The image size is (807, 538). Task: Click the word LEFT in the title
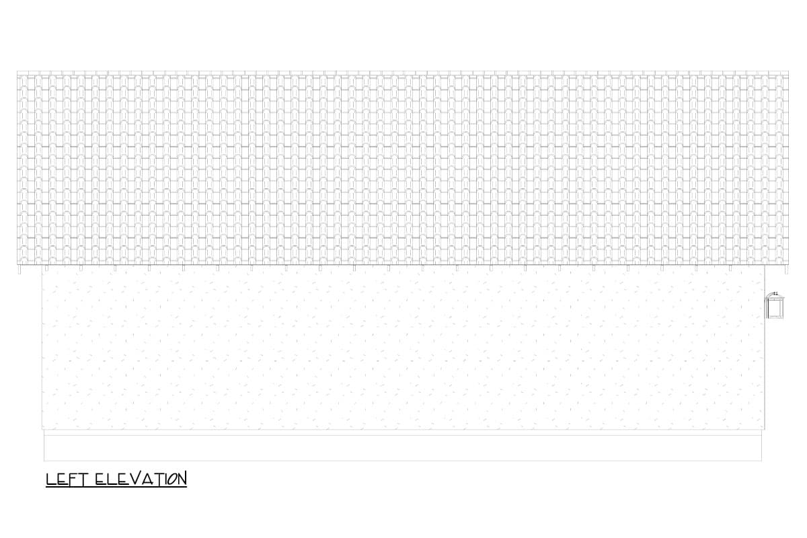point(67,479)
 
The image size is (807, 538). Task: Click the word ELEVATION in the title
point(141,479)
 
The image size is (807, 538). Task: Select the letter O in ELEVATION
point(171,479)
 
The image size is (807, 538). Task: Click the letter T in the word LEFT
point(83,479)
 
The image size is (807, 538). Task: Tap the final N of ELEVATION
point(182,479)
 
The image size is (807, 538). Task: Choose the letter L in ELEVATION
point(112,479)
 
